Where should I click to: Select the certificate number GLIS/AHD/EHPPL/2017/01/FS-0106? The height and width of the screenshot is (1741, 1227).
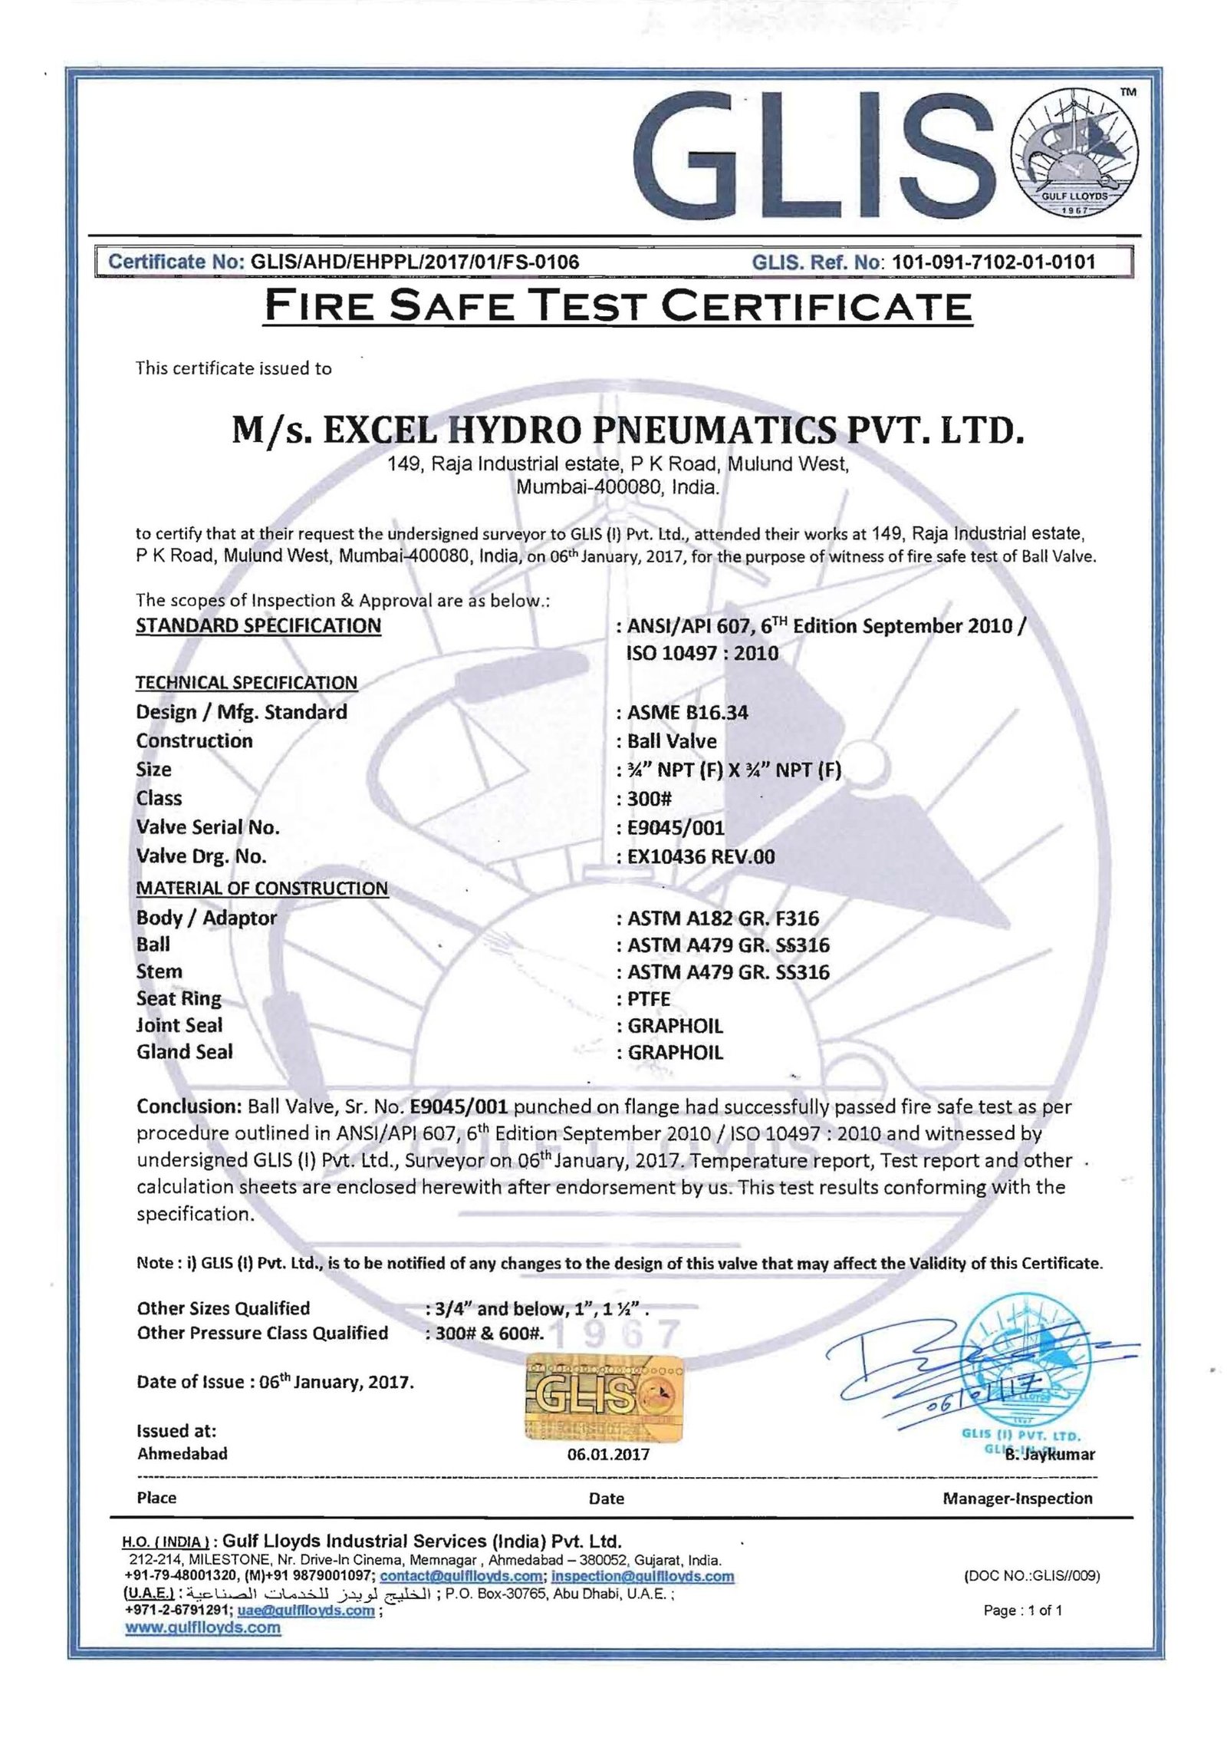point(410,262)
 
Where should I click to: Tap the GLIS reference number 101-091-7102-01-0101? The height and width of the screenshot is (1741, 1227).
point(994,262)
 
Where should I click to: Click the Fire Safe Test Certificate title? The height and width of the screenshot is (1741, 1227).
point(617,306)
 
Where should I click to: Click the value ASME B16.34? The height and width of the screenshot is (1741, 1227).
point(687,712)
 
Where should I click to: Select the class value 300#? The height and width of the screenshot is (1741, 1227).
point(650,798)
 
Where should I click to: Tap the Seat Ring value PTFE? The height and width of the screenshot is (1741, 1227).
point(649,999)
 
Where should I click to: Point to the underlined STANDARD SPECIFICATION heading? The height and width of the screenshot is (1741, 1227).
point(258,625)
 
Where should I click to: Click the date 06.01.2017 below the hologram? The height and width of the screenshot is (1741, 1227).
point(607,1454)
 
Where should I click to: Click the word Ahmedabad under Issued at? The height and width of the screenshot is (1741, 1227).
point(182,1453)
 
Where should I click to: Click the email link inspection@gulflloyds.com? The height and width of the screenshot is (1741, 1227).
point(643,1576)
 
